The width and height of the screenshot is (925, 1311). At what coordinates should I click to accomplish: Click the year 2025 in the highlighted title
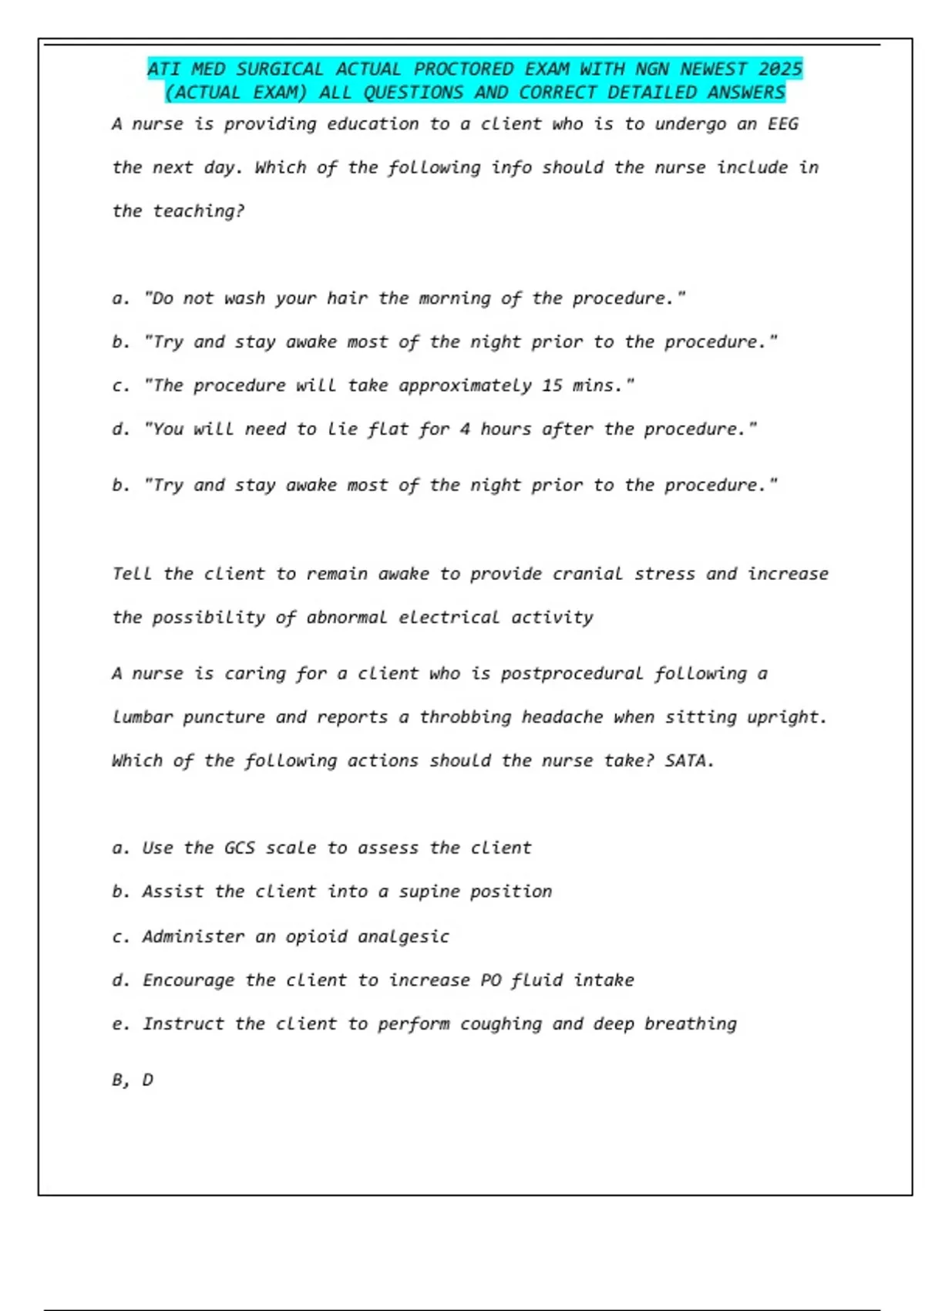tap(779, 69)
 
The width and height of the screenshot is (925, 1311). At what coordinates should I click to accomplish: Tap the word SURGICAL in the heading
tap(280, 69)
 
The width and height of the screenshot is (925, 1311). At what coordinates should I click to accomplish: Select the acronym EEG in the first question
tap(782, 124)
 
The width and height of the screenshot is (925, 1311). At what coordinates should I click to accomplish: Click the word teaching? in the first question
tap(198, 211)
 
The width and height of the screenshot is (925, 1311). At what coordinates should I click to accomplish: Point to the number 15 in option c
tap(551, 386)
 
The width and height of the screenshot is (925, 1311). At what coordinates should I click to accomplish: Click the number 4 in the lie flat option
tap(465, 430)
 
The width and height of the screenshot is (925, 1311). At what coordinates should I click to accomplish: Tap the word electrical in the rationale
tap(449, 618)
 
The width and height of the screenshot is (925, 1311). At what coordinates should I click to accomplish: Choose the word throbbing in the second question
tap(465, 717)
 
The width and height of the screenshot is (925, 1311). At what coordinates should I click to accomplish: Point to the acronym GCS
tap(239, 848)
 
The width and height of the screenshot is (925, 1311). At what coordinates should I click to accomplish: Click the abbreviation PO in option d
tap(490, 980)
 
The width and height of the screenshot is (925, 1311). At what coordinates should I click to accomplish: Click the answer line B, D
tap(133, 1080)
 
